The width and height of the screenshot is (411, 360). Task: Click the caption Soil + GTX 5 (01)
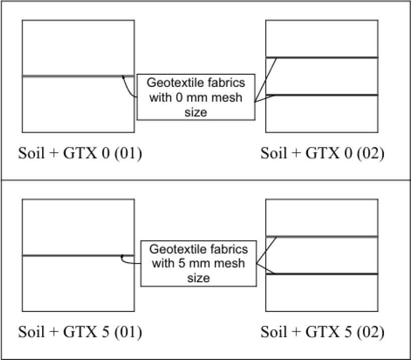coord(80,332)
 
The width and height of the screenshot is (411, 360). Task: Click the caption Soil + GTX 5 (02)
coord(323,332)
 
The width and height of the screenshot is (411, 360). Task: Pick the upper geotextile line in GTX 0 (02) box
coord(326,58)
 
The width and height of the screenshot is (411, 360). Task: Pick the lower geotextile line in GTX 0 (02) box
coord(326,95)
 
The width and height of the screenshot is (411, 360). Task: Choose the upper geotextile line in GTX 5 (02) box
coord(326,236)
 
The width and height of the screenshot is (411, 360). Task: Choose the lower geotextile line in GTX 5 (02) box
coord(326,274)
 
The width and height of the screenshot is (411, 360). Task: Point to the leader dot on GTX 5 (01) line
coord(122,257)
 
